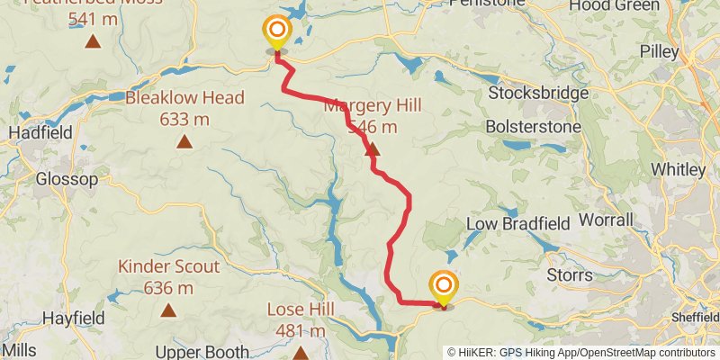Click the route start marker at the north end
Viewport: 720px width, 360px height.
(276, 33)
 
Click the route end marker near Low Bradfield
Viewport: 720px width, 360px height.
(444, 288)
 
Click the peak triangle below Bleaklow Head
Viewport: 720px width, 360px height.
(184, 141)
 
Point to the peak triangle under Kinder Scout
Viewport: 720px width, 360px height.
(168, 310)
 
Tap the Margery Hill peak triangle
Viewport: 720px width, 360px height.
(373, 150)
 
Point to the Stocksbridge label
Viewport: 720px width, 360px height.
(537, 93)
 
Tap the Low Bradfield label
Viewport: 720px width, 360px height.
(515, 223)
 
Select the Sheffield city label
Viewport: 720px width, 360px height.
(696, 318)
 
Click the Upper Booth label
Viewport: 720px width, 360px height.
(195, 351)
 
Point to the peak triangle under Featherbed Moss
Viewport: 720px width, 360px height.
(92, 41)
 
